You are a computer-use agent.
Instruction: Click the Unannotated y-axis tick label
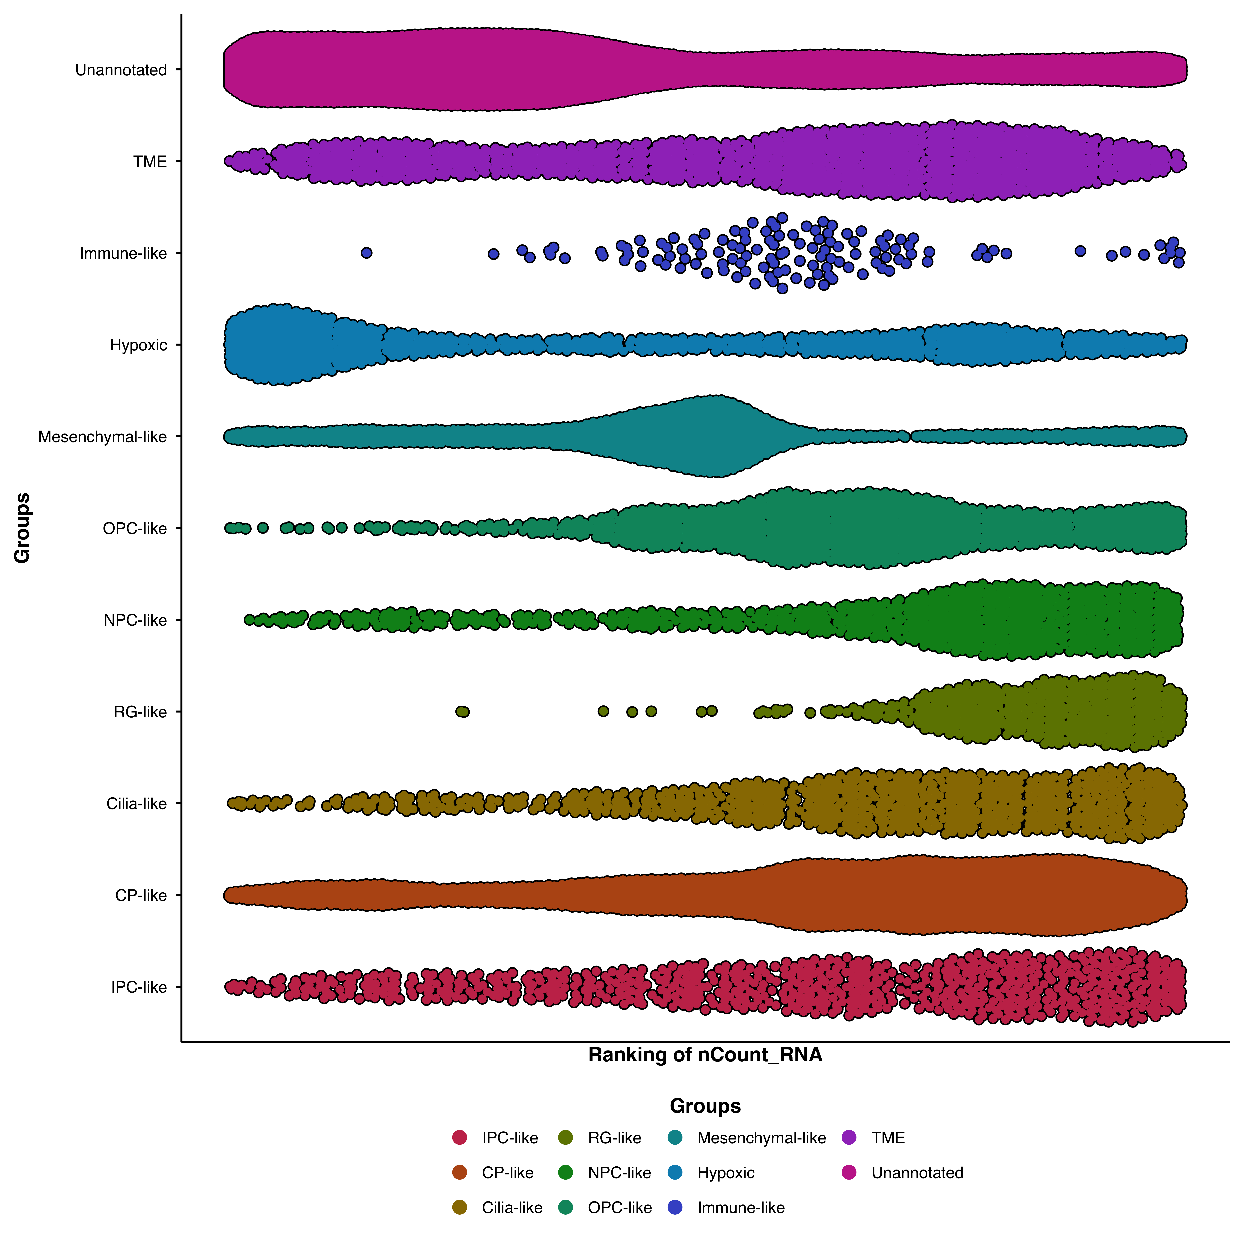[121, 70]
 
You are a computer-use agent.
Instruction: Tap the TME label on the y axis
[150, 162]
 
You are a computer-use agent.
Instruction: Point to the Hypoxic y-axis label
[138, 345]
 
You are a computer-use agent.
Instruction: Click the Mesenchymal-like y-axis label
[102, 437]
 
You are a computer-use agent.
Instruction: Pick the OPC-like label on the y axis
[135, 529]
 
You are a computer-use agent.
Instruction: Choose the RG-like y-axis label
[140, 712]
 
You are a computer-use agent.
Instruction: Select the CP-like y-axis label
[141, 896]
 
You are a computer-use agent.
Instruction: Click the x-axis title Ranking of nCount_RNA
[705, 1055]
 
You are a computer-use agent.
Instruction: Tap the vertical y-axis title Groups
[22, 528]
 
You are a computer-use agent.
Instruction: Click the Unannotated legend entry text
[917, 1173]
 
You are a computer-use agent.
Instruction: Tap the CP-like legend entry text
[507, 1173]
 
